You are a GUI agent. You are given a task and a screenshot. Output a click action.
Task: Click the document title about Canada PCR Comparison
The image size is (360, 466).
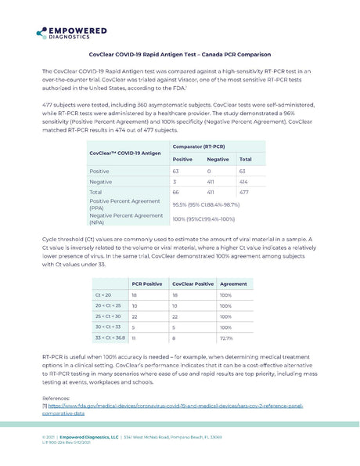pos(179,54)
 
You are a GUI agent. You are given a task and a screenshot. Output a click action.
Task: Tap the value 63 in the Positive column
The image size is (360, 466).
pos(176,170)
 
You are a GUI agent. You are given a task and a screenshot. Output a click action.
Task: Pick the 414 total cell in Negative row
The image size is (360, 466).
pos(245,181)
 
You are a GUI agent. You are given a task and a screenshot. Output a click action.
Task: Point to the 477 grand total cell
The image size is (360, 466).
pos(245,192)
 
